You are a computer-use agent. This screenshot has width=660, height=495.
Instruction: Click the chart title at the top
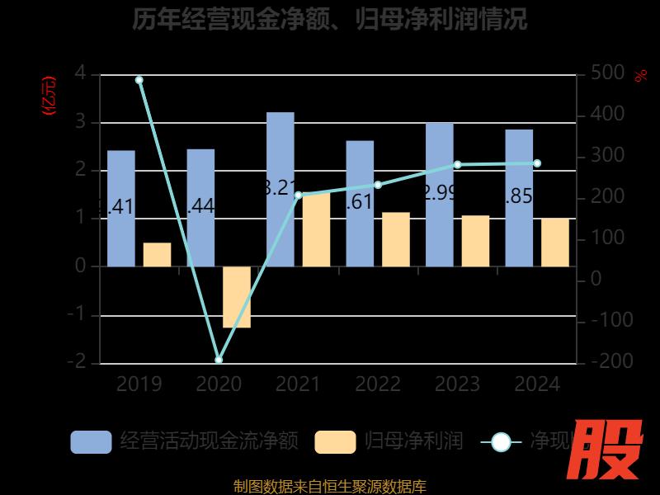pos(329,19)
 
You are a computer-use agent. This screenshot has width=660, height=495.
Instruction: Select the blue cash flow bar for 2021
pos(280,190)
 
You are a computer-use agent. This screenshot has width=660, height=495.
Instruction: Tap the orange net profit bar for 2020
pos(237,297)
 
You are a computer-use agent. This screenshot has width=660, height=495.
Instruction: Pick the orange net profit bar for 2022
pos(396,239)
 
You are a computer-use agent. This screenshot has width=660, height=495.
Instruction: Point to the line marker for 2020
pos(219,360)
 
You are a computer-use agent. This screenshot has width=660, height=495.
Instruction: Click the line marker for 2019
pos(139,80)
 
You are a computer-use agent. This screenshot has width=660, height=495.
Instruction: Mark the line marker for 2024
pos(537,163)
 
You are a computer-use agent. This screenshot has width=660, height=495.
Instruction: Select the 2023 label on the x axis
pos(457,384)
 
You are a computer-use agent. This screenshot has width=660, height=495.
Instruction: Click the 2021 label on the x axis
pos(298,384)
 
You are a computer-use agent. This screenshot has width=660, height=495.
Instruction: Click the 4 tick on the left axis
pos(80,73)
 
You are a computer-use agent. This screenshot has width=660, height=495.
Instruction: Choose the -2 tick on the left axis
pos(78,362)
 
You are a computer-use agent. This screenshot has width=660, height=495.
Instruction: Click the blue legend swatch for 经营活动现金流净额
pos(91,442)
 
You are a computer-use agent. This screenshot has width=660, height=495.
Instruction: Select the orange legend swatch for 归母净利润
pos(335,442)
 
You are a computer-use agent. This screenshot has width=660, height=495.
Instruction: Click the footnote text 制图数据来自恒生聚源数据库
pos(329,487)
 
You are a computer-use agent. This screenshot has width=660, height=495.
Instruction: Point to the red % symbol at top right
pos(640,76)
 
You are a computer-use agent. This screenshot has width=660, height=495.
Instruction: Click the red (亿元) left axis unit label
pos(49,95)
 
